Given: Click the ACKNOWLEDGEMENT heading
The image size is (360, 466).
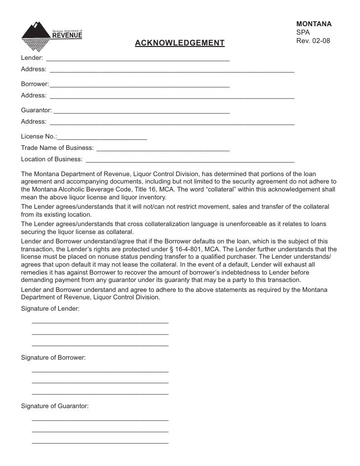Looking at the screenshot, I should pyautogui.click(x=180, y=44).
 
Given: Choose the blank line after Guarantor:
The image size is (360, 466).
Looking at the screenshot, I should pyautogui.click(x=141, y=111).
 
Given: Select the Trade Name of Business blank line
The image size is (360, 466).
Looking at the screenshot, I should pyautogui.click(x=163, y=148).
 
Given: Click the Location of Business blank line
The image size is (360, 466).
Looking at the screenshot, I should pyautogui.click(x=190, y=160).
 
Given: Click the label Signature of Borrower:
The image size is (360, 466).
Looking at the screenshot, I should pyautogui.click(x=53, y=357).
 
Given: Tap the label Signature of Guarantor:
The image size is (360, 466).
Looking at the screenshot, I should pyautogui.click(x=55, y=406).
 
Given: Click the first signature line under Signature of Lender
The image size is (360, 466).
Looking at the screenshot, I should pyautogui.click(x=100, y=322).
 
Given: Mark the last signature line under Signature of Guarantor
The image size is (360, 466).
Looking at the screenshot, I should pyautogui.click(x=100, y=442).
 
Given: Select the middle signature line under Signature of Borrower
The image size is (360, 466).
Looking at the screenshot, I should pyautogui.click(x=100, y=382).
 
